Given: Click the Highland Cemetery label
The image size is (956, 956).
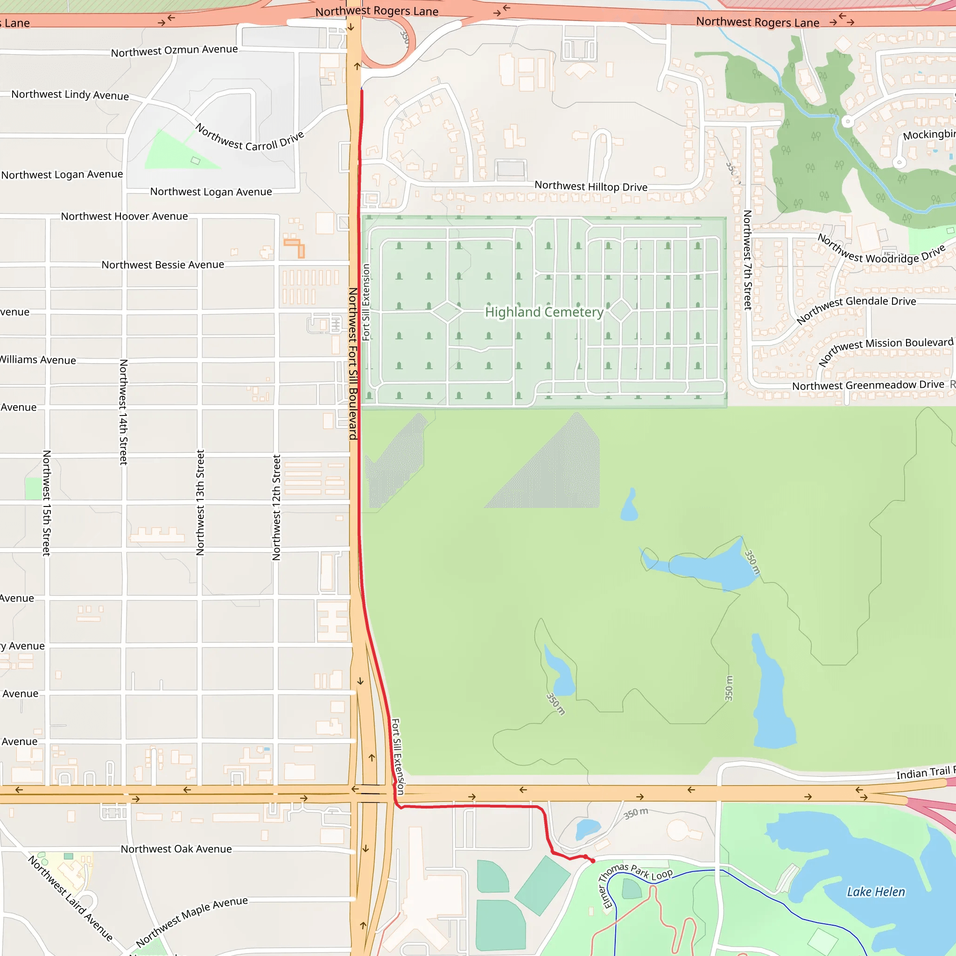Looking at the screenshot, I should tap(544, 312).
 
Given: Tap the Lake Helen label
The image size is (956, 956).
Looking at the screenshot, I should tap(875, 892).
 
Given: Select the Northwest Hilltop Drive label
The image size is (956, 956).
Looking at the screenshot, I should tap(591, 187).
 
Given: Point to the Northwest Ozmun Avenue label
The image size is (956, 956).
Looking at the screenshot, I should tap(174, 50).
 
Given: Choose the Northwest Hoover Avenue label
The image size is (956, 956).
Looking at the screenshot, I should tap(124, 216).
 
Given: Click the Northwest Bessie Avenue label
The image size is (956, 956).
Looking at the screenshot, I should tap(163, 265).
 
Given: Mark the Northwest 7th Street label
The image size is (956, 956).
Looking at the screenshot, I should tap(748, 260).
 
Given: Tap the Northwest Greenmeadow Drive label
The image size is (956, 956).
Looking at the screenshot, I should tap(868, 385).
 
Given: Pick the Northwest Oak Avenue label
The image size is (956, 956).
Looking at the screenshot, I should tap(176, 849).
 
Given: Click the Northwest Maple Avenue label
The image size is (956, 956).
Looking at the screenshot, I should tap(192, 921).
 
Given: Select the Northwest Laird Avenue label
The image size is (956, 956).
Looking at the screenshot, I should tap(70, 898).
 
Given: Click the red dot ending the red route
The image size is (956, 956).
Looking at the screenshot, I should tap(593, 861).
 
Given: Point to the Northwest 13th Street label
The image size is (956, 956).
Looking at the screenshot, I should tap(200, 502).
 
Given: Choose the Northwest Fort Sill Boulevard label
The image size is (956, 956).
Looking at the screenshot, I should tap(353, 364).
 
